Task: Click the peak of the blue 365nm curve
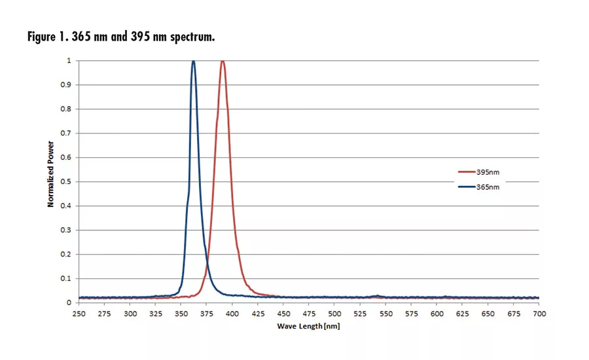193,62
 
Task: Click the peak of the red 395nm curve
223,62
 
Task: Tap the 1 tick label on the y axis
70,61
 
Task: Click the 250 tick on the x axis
79,314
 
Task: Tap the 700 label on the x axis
539,314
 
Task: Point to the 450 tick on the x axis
283,314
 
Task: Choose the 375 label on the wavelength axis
207,314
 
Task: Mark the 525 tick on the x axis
360,314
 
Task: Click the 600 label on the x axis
437,314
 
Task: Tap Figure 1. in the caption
46,37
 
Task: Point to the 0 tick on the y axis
70,303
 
